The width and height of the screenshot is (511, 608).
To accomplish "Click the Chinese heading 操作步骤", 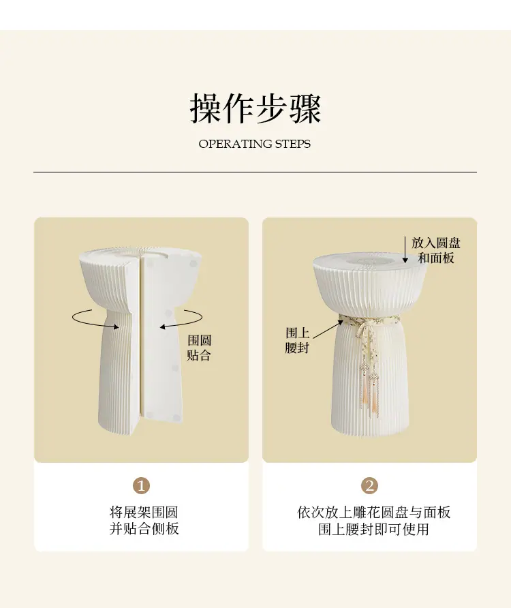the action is coord(255,108).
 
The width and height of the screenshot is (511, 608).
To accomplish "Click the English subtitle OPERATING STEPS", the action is coord(255,144).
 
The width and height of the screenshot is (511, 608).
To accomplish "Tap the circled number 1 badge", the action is coord(141,485).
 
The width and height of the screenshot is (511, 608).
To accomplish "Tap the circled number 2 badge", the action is coord(369,485).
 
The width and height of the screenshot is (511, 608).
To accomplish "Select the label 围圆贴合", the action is coord(199,348).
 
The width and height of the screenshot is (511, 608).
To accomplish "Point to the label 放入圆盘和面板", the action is coord(436,250).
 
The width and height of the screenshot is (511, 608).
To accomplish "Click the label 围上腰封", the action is coord(297,340).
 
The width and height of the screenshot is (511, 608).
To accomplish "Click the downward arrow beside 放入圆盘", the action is coord(405,250).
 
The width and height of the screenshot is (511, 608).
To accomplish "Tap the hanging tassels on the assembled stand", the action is coord(369,392).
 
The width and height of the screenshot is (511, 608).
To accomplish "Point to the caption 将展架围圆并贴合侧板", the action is coord(144,520).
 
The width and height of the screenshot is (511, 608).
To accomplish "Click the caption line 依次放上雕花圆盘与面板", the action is coord(374,512).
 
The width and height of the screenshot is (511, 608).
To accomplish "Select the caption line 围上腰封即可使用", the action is coord(374,529).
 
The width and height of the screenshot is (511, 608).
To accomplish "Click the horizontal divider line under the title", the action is coord(255,172).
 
